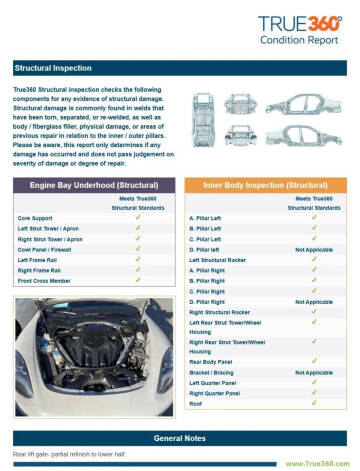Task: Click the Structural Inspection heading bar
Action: point(180,69)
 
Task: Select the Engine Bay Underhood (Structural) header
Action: point(92,186)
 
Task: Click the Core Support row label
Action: point(36,217)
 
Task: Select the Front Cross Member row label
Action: point(44,281)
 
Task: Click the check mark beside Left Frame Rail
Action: point(136,260)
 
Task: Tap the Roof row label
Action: point(197,404)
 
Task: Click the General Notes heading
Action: point(180,438)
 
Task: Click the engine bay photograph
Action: point(91,346)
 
